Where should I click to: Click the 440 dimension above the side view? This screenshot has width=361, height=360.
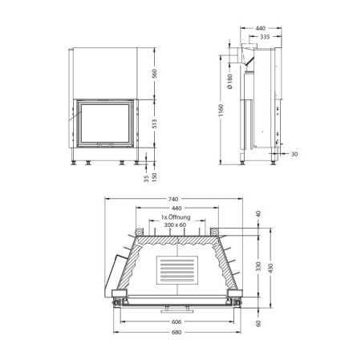(x=260, y=27)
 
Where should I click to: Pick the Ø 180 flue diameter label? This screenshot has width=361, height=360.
(x=229, y=82)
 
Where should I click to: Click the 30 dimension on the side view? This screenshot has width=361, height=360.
(x=294, y=154)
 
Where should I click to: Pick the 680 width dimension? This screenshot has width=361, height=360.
(x=176, y=330)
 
